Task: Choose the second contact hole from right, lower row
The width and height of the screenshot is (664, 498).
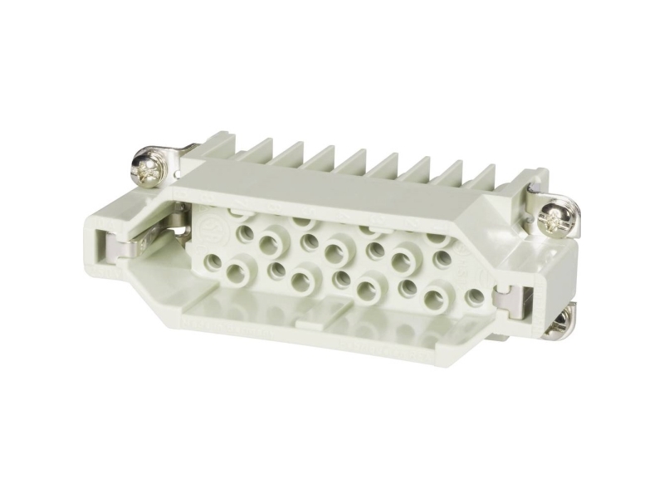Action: point(434,295)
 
